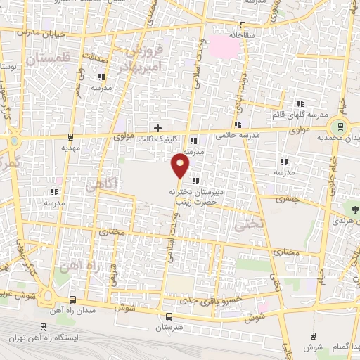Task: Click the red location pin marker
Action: (x=181, y=166)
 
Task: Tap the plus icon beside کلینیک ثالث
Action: (x=157, y=128)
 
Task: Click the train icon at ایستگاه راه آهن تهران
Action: (x=44, y=327)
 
